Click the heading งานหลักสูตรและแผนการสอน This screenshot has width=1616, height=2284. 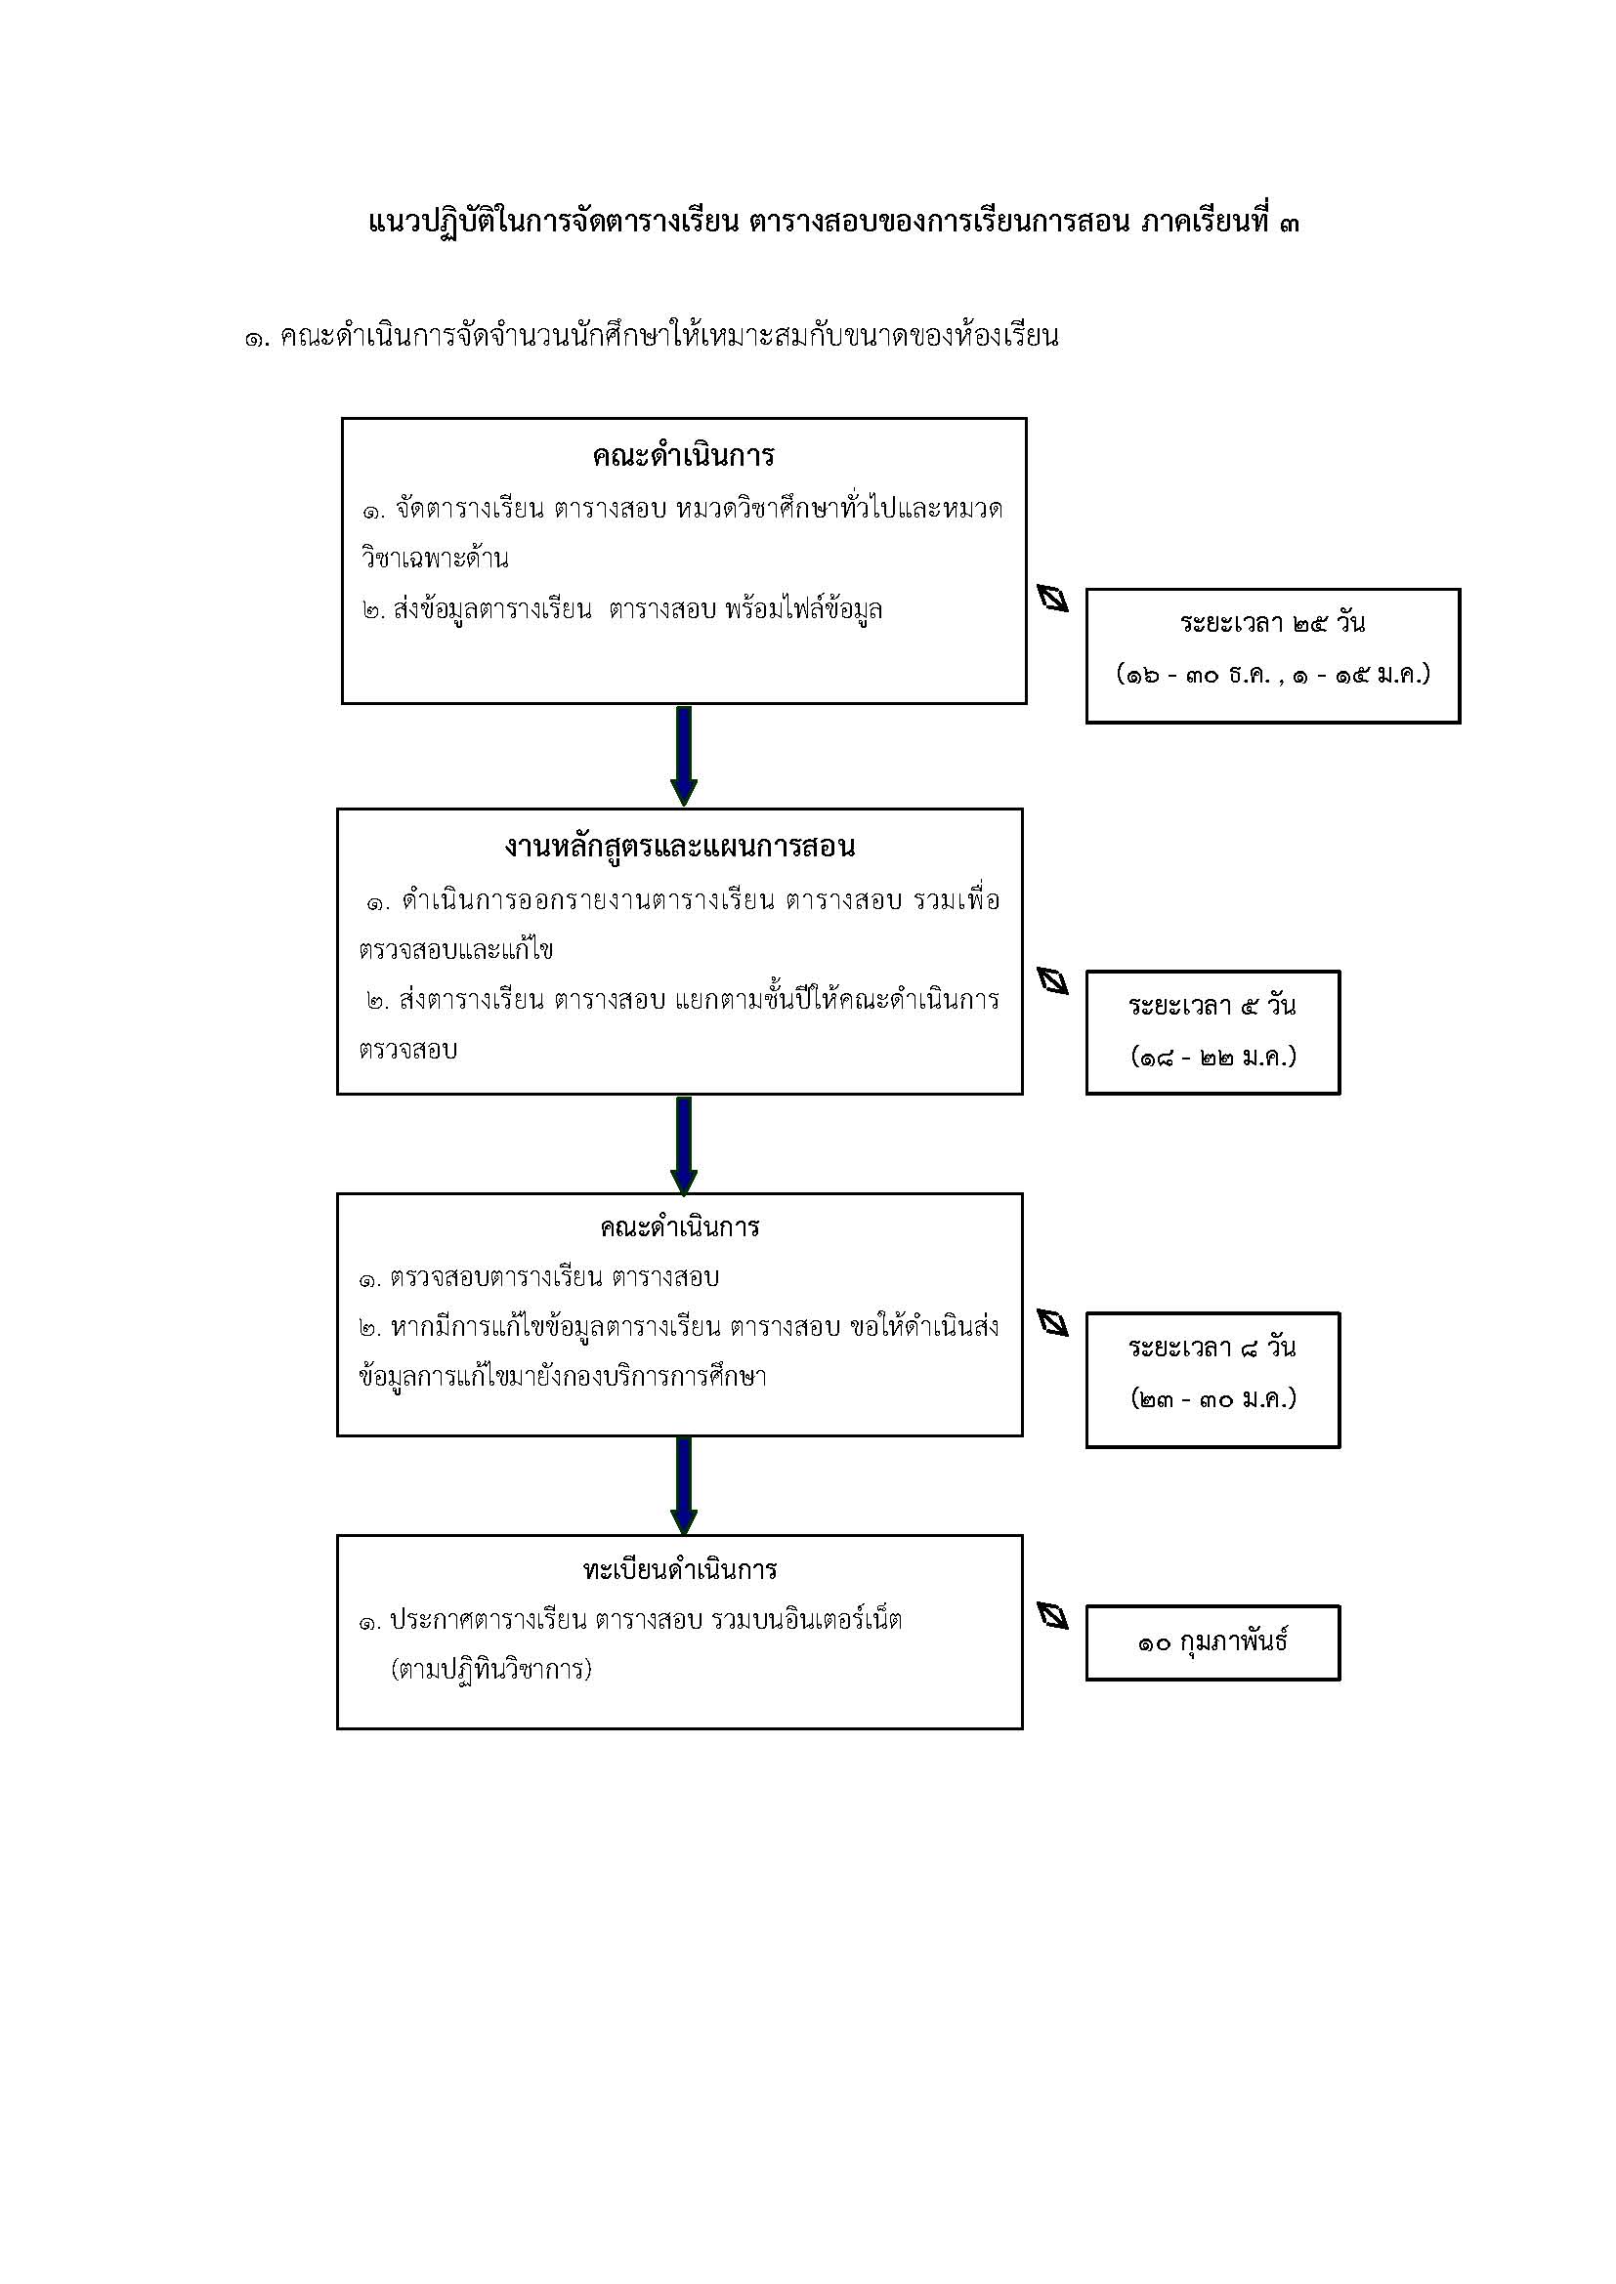tap(680, 848)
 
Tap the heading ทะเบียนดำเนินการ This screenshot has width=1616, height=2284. tap(680, 1570)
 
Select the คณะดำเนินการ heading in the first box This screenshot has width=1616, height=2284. tap(684, 456)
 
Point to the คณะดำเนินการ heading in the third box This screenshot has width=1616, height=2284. tap(680, 1227)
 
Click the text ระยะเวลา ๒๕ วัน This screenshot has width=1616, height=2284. tap(1273, 624)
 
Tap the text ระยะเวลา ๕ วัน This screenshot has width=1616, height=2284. tap(1212, 1006)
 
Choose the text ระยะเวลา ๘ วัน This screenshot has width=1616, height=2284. tap(1212, 1348)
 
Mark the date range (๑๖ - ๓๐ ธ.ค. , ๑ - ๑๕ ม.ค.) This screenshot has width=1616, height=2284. tap(1274, 675)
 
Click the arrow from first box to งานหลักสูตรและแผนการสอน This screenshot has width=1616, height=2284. tap(684, 756)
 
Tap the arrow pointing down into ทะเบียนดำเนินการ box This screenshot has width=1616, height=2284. tap(684, 1486)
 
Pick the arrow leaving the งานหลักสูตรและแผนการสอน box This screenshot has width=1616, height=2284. tap(684, 1145)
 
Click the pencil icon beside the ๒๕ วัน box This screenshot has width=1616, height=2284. tap(1053, 598)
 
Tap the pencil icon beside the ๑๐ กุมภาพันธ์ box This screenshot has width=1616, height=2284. tap(1053, 1615)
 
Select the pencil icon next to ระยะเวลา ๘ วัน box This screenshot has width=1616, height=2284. tap(1053, 1323)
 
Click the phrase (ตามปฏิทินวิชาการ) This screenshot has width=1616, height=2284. tap(491, 1670)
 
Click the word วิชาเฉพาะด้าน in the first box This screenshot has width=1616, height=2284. tap(435, 559)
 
